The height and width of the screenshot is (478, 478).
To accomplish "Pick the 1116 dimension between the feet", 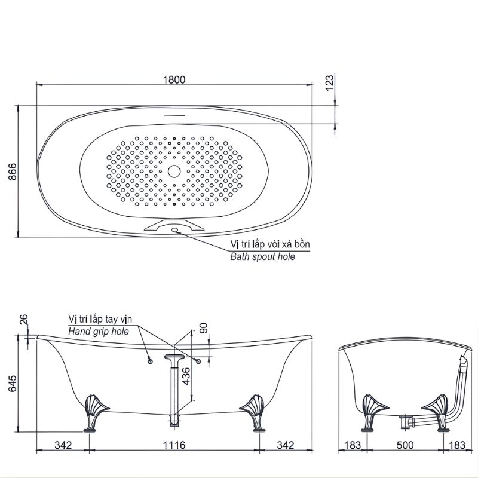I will click(x=174, y=445).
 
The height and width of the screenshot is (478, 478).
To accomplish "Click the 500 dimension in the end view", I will click(x=405, y=445).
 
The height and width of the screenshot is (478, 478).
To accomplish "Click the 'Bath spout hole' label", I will click(x=263, y=256).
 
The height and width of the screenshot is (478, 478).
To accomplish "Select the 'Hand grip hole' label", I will click(x=99, y=330).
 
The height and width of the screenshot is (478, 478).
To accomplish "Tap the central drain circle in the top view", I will click(x=174, y=171).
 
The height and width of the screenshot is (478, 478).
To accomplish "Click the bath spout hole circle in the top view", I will click(x=175, y=230).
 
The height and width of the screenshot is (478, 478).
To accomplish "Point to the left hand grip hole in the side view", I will click(x=149, y=360).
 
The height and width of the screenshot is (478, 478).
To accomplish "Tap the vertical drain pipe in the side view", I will click(x=174, y=391).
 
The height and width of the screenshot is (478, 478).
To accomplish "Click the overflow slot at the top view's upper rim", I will click(x=174, y=114).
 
